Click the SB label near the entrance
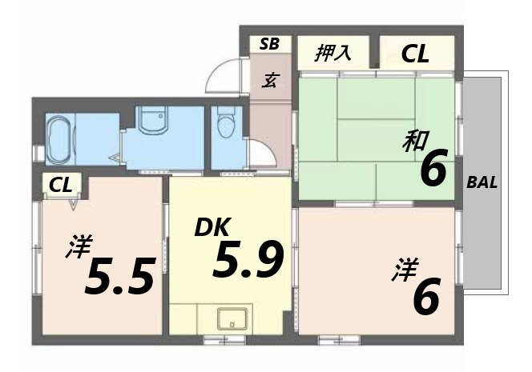coord(269,44)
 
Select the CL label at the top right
coord(415,54)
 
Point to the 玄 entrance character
coord(271,80)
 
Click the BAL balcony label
coord(482,182)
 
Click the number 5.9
coord(248,260)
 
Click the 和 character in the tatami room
coord(413,143)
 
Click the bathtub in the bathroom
coord(58,138)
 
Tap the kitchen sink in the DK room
coord(232,318)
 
